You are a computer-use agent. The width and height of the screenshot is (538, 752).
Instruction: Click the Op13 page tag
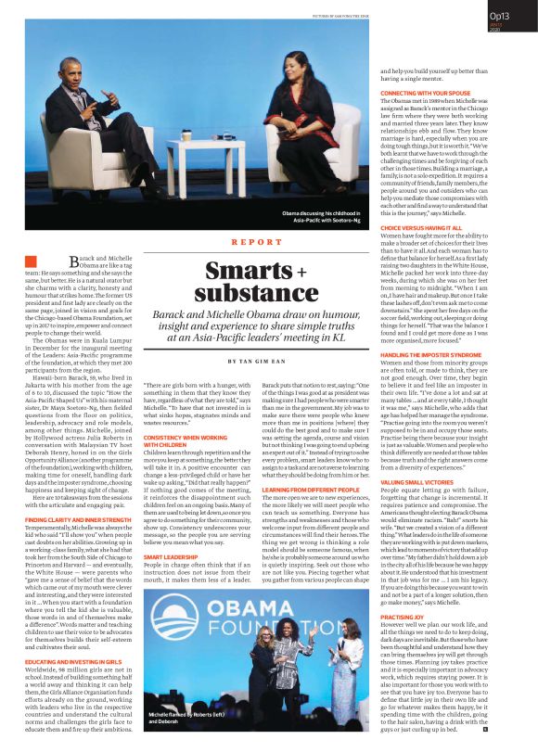click(x=499, y=16)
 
